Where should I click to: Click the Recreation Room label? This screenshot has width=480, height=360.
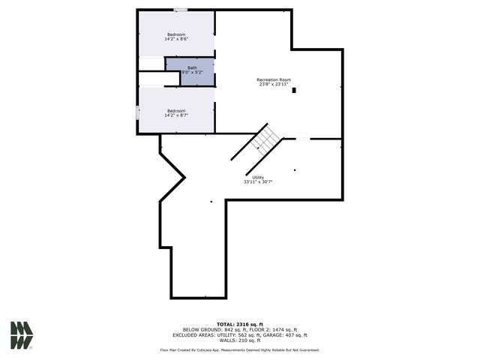[x=274, y=79]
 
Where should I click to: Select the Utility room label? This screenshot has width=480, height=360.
[x=257, y=177]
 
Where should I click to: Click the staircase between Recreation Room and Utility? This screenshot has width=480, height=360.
[x=265, y=138]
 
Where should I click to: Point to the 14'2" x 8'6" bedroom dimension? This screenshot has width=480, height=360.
[x=176, y=40]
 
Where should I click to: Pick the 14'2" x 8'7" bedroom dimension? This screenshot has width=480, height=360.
[x=176, y=115]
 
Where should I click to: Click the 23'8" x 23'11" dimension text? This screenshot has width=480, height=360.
[x=274, y=85]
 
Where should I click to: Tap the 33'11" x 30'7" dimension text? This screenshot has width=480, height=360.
[x=257, y=182]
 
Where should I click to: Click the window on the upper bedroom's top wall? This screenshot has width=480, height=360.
[x=181, y=10]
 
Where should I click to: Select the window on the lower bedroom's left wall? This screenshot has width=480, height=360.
[x=137, y=112]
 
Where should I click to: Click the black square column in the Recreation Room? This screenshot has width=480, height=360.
[x=295, y=91]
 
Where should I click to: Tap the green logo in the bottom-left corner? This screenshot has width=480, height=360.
[x=22, y=334]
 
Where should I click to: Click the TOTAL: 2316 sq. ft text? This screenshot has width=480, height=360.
[x=239, y=324]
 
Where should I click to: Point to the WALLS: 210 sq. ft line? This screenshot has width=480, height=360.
[x=239, y=340]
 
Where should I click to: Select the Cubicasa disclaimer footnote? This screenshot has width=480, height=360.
[x=239, y=349]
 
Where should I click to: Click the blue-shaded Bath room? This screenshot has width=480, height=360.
[x=190, y=71]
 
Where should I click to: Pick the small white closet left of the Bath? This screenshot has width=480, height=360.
[x=151, y=64]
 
